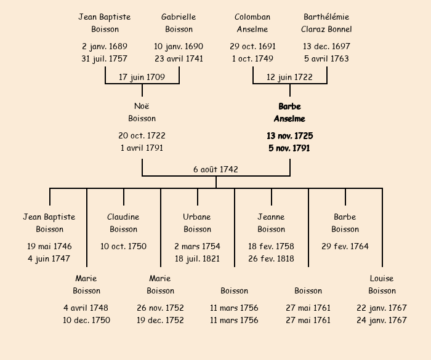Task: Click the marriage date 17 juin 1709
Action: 142,78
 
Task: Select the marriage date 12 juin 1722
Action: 289,78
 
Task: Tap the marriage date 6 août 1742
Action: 216,169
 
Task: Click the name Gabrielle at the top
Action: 179,17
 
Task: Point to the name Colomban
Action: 252,17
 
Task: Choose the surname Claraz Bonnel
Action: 326,29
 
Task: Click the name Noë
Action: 142,106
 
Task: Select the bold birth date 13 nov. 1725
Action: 289,136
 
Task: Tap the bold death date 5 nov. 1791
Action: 289,148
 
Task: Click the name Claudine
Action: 123,217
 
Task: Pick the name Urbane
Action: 197,217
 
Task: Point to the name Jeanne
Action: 271,217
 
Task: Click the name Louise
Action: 382,279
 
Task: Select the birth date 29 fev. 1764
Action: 345,247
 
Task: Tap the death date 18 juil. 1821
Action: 197,259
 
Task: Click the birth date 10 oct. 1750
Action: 123,247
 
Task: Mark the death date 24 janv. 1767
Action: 382,321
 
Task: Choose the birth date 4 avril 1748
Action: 86,308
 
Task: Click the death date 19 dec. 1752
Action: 160,321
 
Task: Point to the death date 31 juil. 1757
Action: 105,59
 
